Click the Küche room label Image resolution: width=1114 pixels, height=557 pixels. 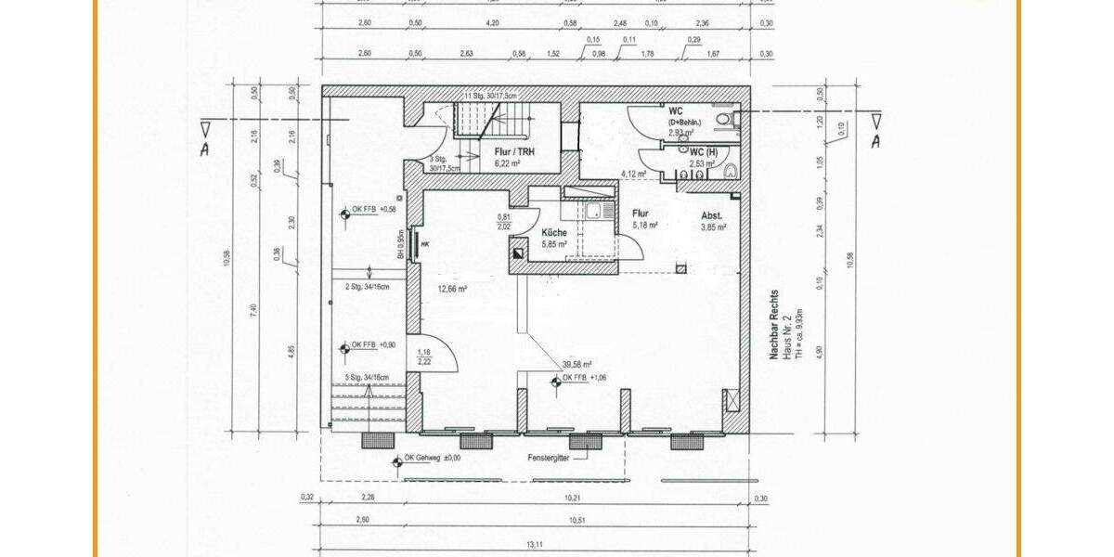tap(555, 234)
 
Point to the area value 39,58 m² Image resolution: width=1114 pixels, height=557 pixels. tap(576, 365)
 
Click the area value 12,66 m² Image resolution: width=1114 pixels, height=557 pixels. tap(452, 289)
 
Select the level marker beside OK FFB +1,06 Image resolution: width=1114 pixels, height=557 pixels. tap(554, 379)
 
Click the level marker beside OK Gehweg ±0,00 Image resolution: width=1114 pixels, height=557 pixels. tap(396, 458)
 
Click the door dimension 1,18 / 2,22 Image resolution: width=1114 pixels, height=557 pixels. tap(425, 356)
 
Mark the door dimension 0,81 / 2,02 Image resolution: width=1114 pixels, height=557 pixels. tap(503, 222)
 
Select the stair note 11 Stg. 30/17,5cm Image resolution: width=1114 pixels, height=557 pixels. tap(491, 95)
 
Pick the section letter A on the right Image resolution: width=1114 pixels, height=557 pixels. tap(874, 142)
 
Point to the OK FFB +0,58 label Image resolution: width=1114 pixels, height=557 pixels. tap(374, 209)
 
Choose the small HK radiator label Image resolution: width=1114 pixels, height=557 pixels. tap(426, 245)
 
